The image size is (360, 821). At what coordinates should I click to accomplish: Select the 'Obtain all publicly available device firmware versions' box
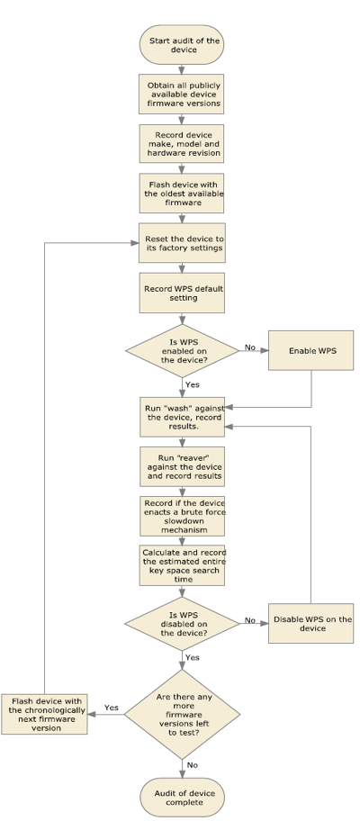[x=181, y=95]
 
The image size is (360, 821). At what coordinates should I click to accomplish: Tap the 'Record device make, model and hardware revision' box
[x=181, y=144]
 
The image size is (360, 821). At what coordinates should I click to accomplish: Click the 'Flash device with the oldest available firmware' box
[x=181, y=194]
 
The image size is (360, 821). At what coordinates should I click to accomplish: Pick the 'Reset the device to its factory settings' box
[x=181, y=244]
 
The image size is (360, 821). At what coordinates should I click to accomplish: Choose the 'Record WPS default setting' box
[x=181, y=293]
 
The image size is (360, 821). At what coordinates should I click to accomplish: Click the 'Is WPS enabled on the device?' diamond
[x=181, y=350]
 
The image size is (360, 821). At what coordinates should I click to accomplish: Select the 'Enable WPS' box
[x=311, y=350]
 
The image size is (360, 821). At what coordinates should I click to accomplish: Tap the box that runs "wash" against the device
[x=181, y=416]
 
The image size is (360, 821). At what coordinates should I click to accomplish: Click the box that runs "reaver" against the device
[x=181, y=465]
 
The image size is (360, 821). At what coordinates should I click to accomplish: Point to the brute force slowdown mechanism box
[x=181, y=514]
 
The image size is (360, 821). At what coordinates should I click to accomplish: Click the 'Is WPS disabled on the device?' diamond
[x=181, y=621]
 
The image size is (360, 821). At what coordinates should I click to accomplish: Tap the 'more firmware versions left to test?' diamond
[x=181, y=713]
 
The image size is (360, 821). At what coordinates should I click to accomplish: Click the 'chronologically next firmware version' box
[x=44, y=714]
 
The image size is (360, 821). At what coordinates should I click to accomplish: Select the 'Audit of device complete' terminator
[x=181, y=796]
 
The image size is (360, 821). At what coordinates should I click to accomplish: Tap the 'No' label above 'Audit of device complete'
[x=192, y=764]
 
